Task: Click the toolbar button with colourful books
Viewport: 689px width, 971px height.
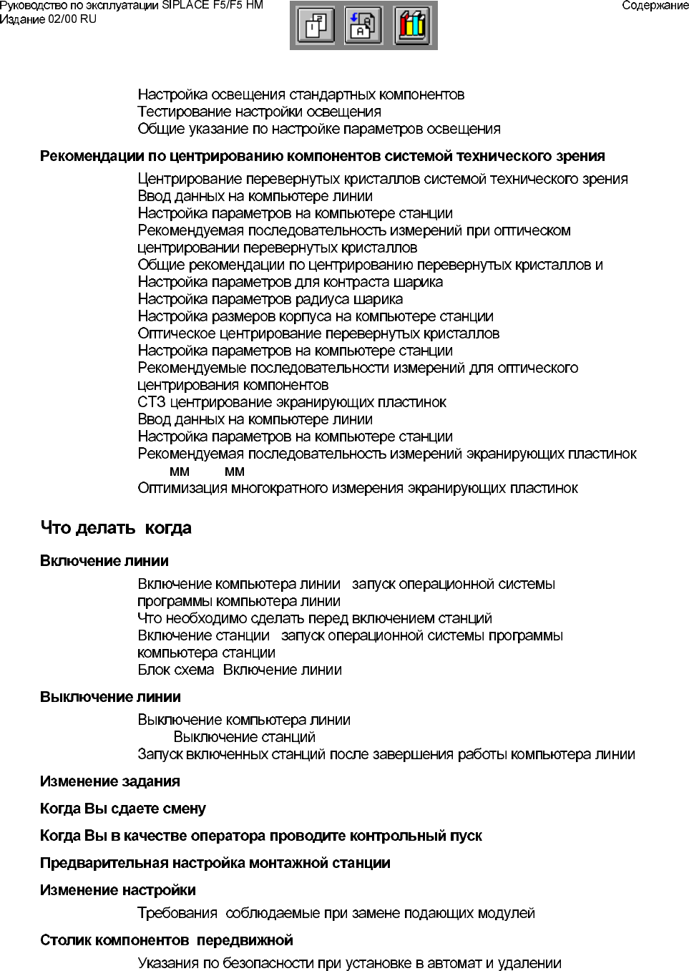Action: pyautogui.click(x=412, y=26)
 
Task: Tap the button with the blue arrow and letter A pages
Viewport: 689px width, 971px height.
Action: pyautogui.click(x=363, y=26)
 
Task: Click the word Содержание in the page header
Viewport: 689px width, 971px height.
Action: pyautogui.click(x=655, y=6)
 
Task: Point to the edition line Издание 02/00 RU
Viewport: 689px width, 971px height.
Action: pyautogui.click(x=48, y=19)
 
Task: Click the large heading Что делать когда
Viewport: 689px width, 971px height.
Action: pyautogui.click(x=116, y=528)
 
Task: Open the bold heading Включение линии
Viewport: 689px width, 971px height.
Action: pyautogui.click(x=104, y=561)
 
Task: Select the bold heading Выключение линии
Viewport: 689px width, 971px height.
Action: pyautogui.click(x=110, y=697)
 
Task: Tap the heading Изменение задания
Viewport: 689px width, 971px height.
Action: pyautogui.click(x=109, y=781)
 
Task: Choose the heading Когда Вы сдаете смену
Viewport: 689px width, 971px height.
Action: pyautogui.click(x=122, y=809)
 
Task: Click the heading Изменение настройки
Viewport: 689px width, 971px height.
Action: pyautogui.click(x=117, y=890)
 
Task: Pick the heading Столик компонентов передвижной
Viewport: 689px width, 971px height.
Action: pyautogui.click(x=166, y=940)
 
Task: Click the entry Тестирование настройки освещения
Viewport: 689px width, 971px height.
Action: pyautogui.click(x=259, y=112)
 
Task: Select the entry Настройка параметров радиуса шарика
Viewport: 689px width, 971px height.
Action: pyautogui.click(x=270, y=299)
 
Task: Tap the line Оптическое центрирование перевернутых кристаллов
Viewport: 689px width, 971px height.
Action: pyautogui.click(x=318, y=333)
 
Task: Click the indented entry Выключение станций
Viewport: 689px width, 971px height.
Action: pyautogui.click(x=244, y=737)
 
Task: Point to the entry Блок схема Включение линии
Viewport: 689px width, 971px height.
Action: pyautogui.click(x=239, y=670)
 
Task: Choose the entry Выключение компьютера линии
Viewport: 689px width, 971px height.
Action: pyautogui.click(x=243, y=720)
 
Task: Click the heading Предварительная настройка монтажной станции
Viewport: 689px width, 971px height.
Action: pyautogui.click(x=215, y=863)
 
